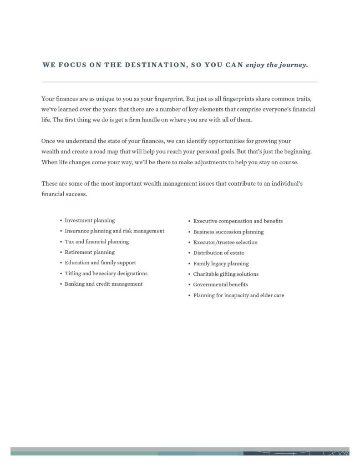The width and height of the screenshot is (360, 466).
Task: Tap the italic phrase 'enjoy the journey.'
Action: [277, 65]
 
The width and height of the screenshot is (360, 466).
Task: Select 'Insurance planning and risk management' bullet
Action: [114, 231]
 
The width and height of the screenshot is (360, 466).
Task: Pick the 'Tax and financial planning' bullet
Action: [96, 242]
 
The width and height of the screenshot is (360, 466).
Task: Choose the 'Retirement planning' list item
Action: [90, 252]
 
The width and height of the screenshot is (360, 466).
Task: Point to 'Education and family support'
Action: [100, 263]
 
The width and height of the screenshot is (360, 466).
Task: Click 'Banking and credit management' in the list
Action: [103, 284]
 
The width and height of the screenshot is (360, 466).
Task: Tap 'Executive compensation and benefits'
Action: [238, 221]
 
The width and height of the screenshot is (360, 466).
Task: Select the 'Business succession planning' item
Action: [228, 232]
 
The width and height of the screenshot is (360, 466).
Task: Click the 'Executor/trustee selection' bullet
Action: [225, 243]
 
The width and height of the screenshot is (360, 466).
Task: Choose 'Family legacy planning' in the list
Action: [221, 264]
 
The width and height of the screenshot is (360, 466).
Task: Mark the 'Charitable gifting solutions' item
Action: [225, 274]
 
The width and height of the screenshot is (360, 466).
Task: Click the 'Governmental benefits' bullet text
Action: [220, 285]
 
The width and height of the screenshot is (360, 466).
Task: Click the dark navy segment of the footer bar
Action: [296, 453]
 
